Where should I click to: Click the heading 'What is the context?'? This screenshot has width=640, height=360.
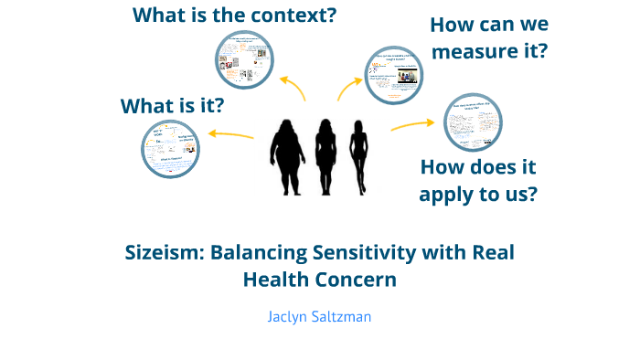(234, 16)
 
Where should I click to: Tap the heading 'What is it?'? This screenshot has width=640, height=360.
(173, 106)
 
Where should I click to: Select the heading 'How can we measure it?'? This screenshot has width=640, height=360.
(488, 38)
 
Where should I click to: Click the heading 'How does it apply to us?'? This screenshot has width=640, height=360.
(477, 180)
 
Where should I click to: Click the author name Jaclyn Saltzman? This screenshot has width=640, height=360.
(319, 316)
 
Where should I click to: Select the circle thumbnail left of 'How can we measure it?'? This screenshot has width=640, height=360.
(393, 75)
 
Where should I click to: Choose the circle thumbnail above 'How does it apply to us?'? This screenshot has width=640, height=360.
(473, 122)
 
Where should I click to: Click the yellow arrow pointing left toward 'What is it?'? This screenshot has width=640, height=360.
(231, 135)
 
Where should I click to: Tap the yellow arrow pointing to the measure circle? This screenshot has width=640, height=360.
(349, 88)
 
